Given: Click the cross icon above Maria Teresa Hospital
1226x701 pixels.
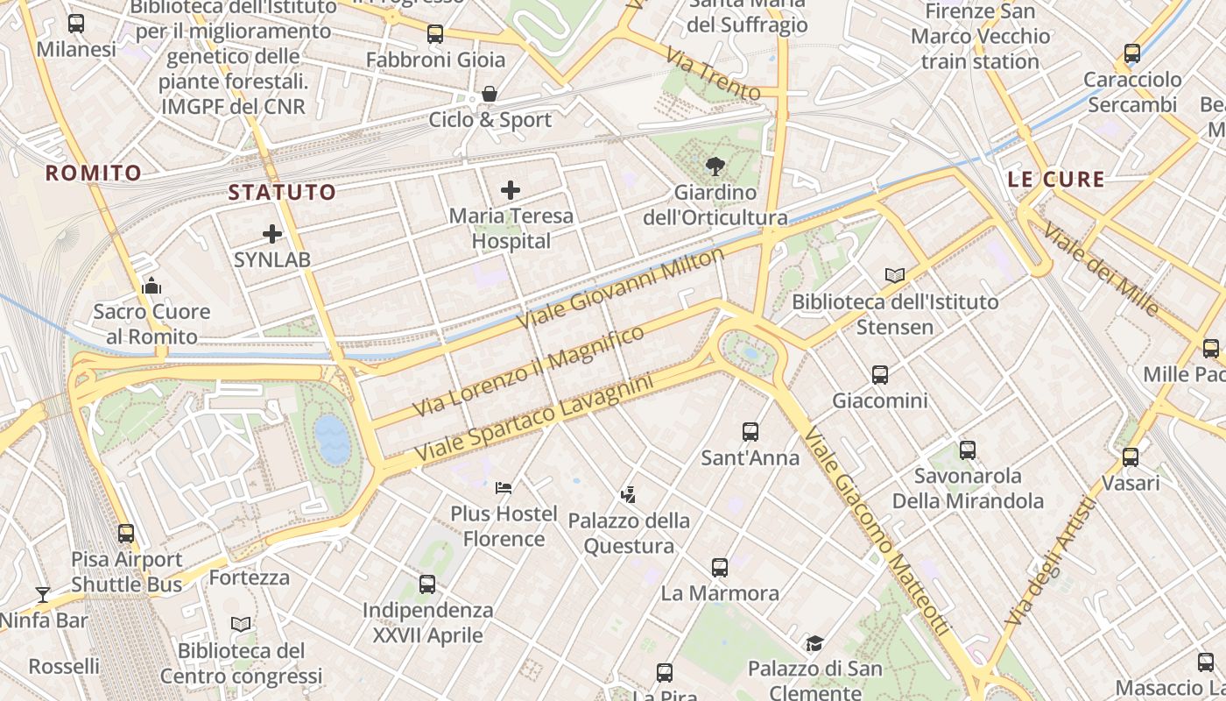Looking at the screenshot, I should [x=510, y=189].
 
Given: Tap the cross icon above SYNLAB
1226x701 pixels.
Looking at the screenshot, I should [x=272, y=234].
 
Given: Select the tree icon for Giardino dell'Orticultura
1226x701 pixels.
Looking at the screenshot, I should [x=715, y=166].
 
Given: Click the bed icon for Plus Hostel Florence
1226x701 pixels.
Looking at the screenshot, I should [x=503, y=487].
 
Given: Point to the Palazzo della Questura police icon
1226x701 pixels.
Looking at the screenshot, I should [x=628, y=495].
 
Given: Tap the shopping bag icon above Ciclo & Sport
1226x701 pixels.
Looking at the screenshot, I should [x=490, y=93].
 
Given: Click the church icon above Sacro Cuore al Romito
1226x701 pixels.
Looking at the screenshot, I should [x=151, y=286].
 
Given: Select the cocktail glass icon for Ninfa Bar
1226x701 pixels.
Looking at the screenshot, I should [x=42, y=595].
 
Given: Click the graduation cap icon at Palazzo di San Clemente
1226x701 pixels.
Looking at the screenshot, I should [x=814, y=643].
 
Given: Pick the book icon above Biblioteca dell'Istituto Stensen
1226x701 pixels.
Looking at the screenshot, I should [x=894, y=275].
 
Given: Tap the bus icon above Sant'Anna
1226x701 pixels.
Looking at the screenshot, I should [x=750, y=431].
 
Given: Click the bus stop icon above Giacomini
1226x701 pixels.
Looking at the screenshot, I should [x=879, y=375].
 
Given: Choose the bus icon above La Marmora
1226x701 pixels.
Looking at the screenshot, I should [x=719, y=567].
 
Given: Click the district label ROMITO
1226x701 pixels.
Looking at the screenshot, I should [x=93, y=173].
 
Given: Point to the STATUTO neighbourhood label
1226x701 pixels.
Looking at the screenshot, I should [x=282, y=192].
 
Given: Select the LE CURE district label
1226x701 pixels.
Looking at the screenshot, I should [x=1056, y=180].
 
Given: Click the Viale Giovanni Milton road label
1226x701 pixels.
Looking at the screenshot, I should [x=622, y=287].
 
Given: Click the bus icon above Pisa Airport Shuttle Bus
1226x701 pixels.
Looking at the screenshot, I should [x=126, y=533].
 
